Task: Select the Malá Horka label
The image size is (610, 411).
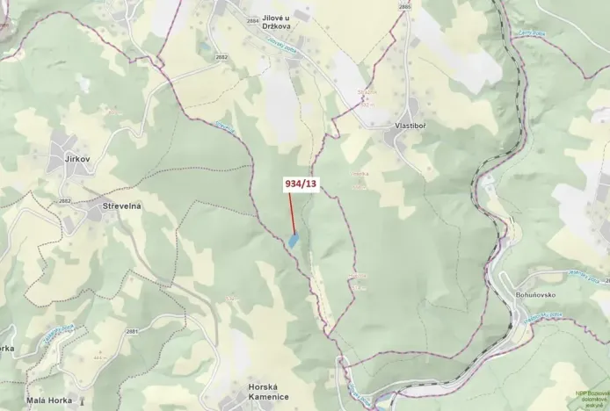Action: (x=48, y=400)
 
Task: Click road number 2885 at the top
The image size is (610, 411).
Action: (x=404, y=7)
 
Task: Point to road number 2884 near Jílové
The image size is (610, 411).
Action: (x=253, y=20)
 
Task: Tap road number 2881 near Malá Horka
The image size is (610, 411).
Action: (x=132, y=331)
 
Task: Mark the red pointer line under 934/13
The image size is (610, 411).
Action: (x=291, y=211)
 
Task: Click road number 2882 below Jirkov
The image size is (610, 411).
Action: (x=64, y=201)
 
